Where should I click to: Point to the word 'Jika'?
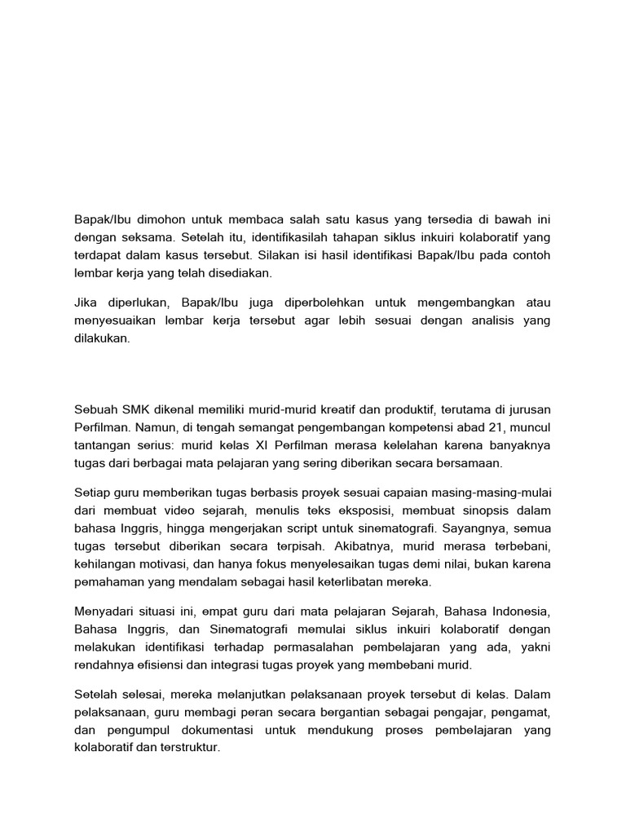pos(86,303)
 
